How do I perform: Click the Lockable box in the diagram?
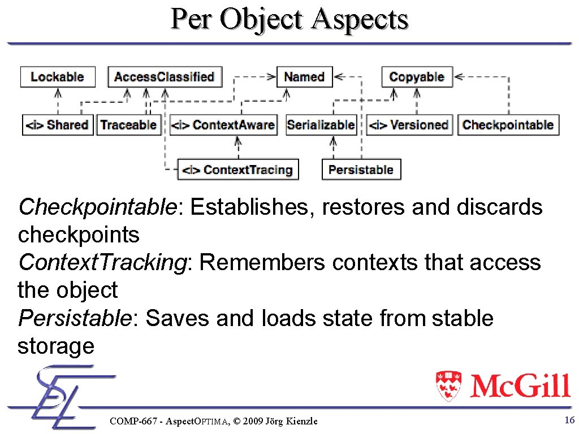pos(58,77)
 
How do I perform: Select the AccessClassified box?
pos(165,77)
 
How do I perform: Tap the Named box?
pos(304,77)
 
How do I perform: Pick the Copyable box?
pos(417,77)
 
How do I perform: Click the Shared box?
pos(58,125)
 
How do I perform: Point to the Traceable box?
pos(128,125)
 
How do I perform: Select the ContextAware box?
pos(223,125)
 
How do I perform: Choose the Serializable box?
pos(321,125)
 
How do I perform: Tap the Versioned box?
pos(409,125)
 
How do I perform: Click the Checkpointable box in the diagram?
pos(508,125)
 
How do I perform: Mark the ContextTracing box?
pos(238,170)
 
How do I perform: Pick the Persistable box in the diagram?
pos(361,170)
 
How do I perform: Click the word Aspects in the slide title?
pos(360,19)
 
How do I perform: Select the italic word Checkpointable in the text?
pos(98,207)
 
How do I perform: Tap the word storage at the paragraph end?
pos(56,346)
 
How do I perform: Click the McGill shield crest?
pos(449,385)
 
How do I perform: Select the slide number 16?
pos(569,420)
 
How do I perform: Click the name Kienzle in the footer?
pos(300,421)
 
